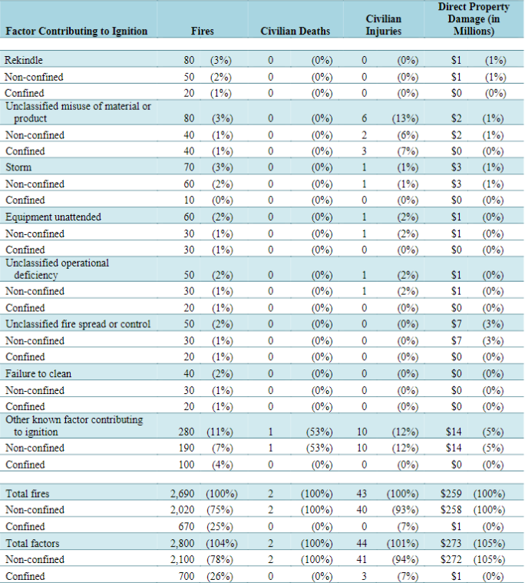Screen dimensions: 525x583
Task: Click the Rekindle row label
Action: [x=23, y=60]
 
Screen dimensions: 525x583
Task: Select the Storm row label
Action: [x=18, y=167]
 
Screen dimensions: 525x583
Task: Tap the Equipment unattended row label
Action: [x=53, y=217]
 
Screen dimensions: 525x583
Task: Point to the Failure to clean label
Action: [x=38, y=373]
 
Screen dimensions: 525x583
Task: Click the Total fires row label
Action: [x=28, y=494]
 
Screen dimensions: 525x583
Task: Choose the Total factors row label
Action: [x=32, y=544]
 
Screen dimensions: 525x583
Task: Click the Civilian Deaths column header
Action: [x=296, y=31]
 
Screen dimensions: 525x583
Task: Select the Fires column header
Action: [x=203, y=31]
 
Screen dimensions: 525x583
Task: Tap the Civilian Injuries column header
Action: [x=384, y=25]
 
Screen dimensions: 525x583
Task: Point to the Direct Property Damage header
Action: [x=474, y=19]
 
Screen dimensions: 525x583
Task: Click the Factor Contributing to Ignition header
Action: [x=77, y=31]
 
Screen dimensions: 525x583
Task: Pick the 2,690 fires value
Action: [x=183, y=494]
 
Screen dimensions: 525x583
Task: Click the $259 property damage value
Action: [x=451, y=494]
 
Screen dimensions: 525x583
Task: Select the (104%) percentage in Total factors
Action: [x=222, y=544]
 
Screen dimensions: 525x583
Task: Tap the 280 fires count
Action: [x=187, y=432]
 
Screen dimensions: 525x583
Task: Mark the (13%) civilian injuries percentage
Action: [x=405, y=118]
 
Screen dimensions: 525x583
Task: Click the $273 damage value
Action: [x=451, y=544]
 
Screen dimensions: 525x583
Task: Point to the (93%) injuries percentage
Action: [x=405, y=510]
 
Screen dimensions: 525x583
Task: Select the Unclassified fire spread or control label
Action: [x=78, y=324]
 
